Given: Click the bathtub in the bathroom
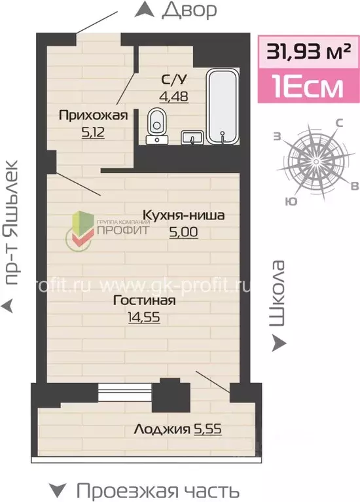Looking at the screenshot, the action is [223, 106].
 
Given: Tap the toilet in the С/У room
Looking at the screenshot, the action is [157, 126].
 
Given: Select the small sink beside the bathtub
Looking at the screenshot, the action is [192, 137].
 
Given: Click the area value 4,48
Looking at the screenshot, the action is [174, 96].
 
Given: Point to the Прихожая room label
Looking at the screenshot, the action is [93, 115].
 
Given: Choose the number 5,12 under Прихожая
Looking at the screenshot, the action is [93, 132].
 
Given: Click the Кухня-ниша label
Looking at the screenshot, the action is [183, 215].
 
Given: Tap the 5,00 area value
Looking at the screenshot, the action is [183, 232].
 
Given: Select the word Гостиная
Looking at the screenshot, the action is [144, 300].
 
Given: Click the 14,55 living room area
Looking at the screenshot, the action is [144, 317].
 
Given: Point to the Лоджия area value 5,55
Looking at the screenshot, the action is [207, 429].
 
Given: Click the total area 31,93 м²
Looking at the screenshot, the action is [308, 51].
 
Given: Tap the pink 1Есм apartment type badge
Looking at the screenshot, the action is [308, 86].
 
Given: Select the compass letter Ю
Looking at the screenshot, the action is [290, 201].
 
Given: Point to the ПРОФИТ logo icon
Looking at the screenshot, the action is [79, 229].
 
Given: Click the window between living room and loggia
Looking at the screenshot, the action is [125, 391].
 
